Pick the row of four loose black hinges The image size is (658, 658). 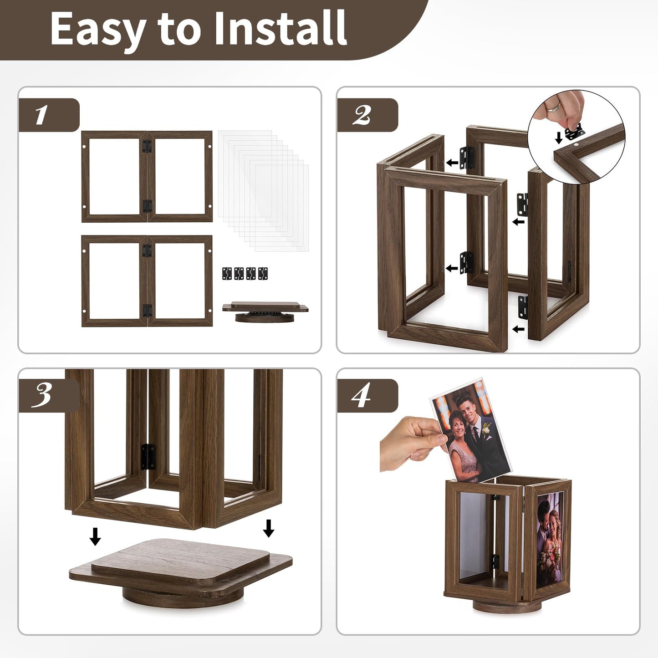[245, 273]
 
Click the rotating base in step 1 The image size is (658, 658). [265, 312]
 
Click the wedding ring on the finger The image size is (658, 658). [554, 108]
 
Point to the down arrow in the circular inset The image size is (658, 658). [558, 138]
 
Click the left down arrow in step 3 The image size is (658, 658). [95, 536]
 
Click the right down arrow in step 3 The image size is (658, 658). [269, 528]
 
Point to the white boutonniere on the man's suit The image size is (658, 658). [487, 429]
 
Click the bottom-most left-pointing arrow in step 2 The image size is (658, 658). [518, 329]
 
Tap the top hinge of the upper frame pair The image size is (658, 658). [146, 146]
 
